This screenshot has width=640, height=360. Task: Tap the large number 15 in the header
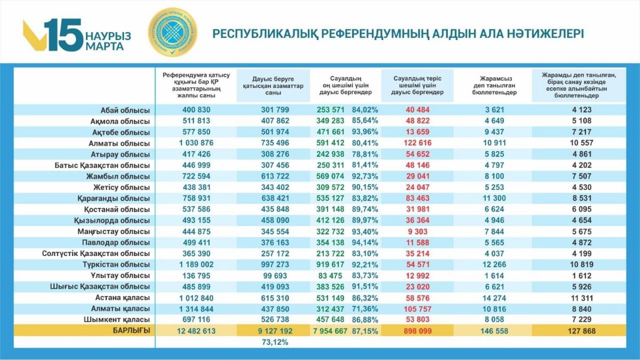[x=63, y=34]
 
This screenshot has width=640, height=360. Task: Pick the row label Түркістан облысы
[x=116, y=264]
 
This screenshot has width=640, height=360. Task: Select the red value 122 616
[x=417, y=143]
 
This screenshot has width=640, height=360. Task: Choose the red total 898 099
[x=417, y=331]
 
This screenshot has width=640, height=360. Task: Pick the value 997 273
[x=273, y=264]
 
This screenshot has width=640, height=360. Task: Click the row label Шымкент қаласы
[x=122, y=319]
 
